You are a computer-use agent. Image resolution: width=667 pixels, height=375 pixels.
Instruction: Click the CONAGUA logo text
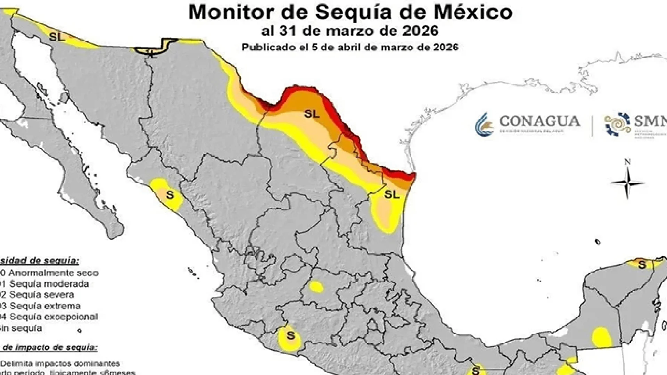click(539, 122)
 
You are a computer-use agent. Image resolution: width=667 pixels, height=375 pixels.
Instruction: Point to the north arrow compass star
click(627, 183)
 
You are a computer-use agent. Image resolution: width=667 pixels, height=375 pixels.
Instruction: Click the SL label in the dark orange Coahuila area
click(312, 114)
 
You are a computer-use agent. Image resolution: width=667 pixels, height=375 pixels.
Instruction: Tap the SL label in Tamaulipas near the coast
click(392, 194)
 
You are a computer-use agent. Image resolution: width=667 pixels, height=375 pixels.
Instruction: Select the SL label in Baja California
click(57, 37)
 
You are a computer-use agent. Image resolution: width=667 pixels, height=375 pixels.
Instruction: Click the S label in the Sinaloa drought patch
click(170, 195)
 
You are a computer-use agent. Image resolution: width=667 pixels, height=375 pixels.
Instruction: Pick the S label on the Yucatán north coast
click(642, 265)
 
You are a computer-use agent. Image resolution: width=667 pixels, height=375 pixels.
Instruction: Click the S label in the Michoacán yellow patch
click(290, 336)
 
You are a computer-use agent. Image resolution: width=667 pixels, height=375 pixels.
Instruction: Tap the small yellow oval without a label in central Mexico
click(316, 287)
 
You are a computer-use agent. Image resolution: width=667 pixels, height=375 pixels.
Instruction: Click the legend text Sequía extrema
click(45, 306)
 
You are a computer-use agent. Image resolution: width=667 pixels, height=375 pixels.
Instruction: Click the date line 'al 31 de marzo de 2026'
click(349, 31)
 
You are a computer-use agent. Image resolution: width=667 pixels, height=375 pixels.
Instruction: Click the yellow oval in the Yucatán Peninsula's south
click(602, 337)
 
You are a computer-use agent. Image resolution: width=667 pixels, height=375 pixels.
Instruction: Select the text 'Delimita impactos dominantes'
click(60, 364)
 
